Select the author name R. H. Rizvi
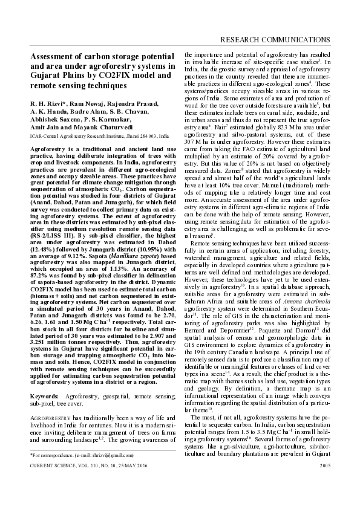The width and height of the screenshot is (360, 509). (47, 104)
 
